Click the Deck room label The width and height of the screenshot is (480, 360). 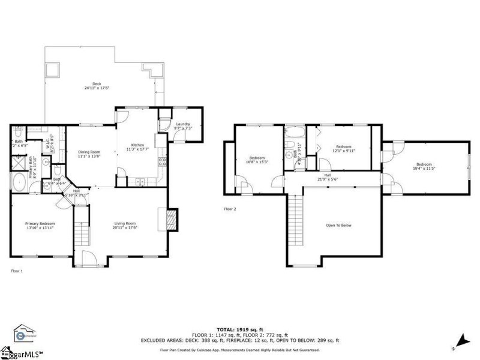pyautogui.click(x=96, y=86)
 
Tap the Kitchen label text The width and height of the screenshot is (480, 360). pyautogui.click(x=138, y=146)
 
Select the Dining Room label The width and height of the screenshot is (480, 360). pyautogui.click(x=89, y=154)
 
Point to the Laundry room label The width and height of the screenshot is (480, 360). pyautogui.click(x=182, y=127)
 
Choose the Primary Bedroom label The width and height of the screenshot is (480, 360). pyautogui.click(x=40, y=226)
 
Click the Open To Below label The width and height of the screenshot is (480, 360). pyautogui.click(x=338, y=226)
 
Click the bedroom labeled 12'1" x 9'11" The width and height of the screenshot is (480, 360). pyautogui.click(x=343, y=149)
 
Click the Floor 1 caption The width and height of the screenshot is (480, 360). pyautogui.click(x=17, y=271)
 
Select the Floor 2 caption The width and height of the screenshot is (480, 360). pyautogui.click(x=230, y=209)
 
